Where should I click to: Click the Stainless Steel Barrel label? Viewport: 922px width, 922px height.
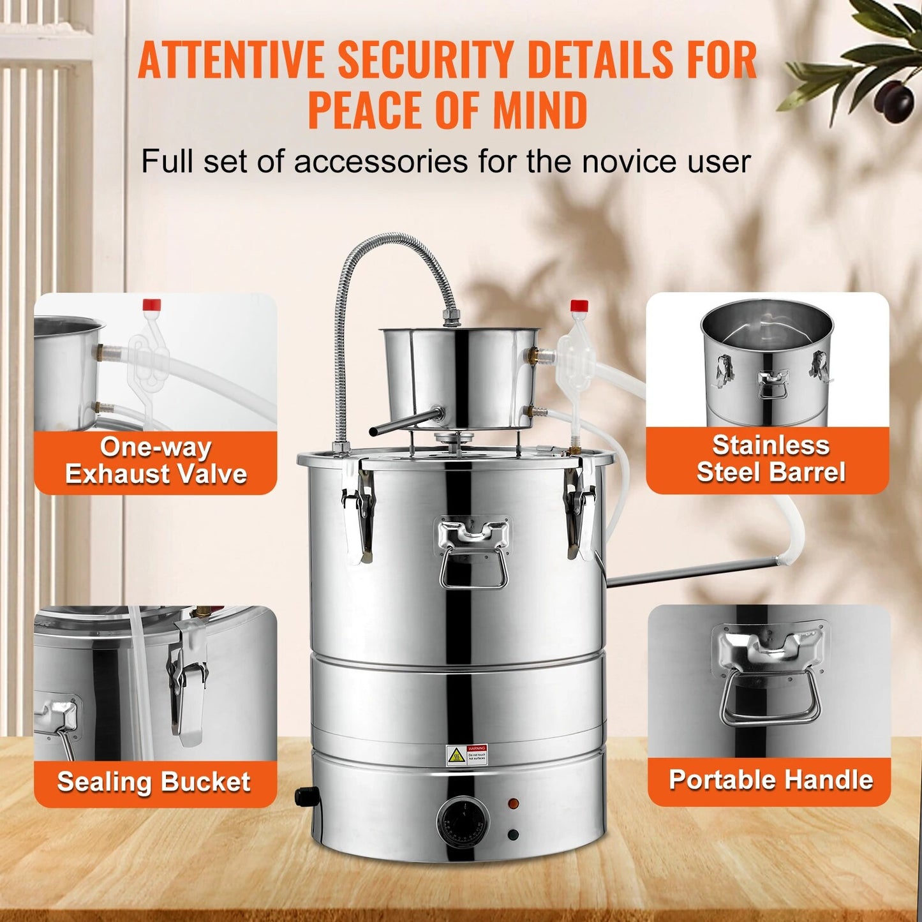pyautogui.click(x=770, y=459)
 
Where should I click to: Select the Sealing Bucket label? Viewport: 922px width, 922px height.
pyautogui.click(x=154, y=782)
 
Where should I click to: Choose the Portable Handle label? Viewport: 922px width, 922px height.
pyautogui.click(x=770, y=780)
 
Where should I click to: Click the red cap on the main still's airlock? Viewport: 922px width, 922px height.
pyautogui.click(x=579, y=306)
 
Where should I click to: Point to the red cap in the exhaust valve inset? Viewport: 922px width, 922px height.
pyautogui.click(x=152, y=304)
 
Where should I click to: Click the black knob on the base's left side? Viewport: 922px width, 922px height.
pyautogui.click(x=305, y=796)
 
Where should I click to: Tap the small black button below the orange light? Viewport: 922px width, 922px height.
pyautogui.click(x=512, y=835)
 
